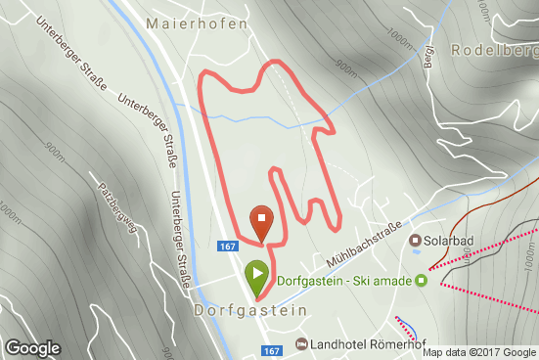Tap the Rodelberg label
coord(494,49)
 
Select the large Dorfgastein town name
coord(250,309)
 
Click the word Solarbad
coord(452,241)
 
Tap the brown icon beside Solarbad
coord(415,241)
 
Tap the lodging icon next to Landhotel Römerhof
coord(301,344)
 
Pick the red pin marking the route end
coord(262,222)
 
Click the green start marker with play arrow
coord(256,278)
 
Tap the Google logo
coord(32,348)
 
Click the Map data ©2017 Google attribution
coord(479,352)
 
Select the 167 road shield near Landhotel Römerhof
coord(272,349)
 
